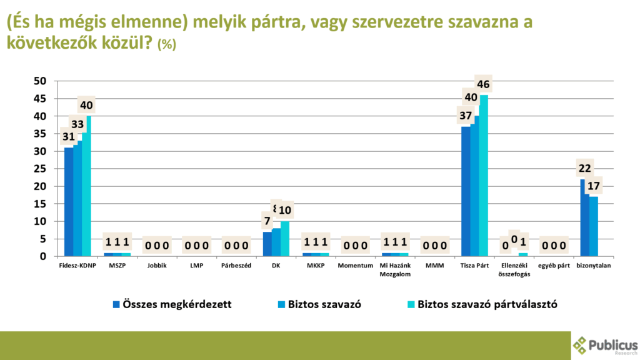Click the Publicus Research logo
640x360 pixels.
(605, 346)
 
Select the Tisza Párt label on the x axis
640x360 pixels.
(474, 266)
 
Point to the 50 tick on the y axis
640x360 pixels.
(40, 81)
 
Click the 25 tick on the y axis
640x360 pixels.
(40, 169)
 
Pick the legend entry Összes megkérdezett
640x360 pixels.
(172, 304)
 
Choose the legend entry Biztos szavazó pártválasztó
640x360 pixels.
(481, 304)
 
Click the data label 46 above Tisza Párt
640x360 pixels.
(483, 84)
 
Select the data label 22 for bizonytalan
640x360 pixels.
(585, 168)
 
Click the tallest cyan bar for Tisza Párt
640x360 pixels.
(483, 175)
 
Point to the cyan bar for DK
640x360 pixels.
(285, 238)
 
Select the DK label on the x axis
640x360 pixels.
(275, 266)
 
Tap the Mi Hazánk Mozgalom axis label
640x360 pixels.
(394, 269)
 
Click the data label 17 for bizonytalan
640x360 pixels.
(594, 186)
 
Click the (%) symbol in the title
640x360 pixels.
(167, 44)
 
